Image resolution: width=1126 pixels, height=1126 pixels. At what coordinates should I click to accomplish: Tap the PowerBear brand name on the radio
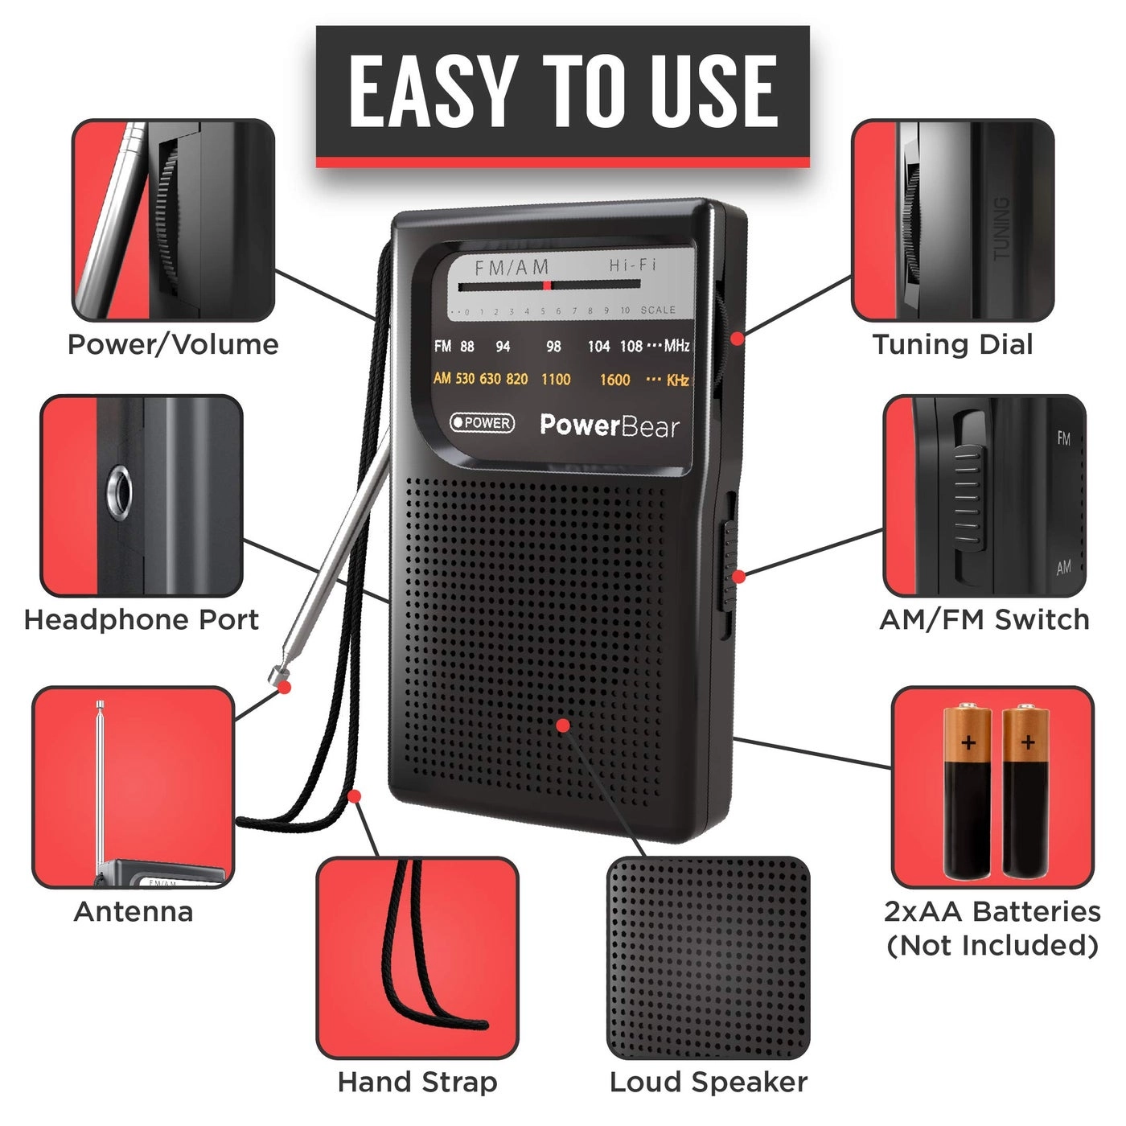(609, 425)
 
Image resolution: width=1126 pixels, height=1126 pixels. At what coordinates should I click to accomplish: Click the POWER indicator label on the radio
(482, 422)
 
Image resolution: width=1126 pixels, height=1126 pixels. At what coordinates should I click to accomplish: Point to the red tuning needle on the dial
(547, 285)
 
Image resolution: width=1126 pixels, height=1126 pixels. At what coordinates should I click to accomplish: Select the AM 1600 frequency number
(614, 380)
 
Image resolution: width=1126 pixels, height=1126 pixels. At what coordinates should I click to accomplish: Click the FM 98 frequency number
(553, 347)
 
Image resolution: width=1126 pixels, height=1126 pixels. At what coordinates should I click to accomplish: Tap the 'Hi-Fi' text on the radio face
(632, 265)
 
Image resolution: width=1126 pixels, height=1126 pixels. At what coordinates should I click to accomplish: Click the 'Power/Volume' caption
(173, 344)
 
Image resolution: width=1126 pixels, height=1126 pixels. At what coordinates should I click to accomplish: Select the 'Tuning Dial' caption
(952, 344)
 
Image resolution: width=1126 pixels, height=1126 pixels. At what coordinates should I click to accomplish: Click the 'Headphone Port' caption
(142, 620)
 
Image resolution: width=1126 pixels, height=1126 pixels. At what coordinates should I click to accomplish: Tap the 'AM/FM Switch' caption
(984, 620)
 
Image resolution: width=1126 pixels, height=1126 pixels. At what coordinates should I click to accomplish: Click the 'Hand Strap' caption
(417, 1082)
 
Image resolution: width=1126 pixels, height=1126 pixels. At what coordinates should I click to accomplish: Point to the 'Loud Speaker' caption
(708, 1082)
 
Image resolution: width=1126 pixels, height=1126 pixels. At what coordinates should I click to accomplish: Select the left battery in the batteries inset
(968, 792)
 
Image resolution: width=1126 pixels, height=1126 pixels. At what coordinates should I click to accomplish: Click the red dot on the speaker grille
(563, 725)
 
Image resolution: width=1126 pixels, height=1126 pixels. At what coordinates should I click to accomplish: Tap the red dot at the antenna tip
(284, 687)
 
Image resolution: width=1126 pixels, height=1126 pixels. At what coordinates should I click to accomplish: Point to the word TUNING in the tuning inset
(1001, 228)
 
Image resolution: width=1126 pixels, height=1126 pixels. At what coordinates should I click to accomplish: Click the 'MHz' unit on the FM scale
(676, 346)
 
